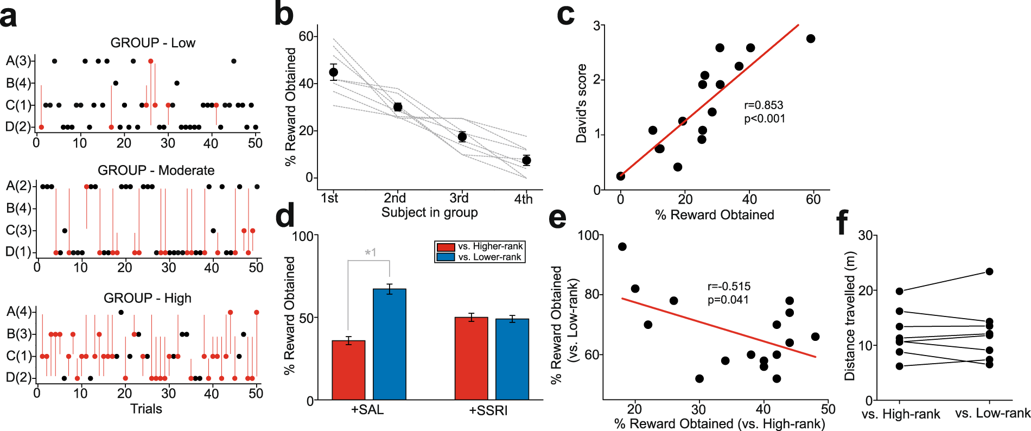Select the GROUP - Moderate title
click(156, 170)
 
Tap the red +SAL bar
click(348, 370)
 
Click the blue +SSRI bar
click(512, 359)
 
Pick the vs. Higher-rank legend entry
click(479, 246)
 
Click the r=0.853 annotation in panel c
click(763, 105)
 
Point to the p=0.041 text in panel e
click(728, 300)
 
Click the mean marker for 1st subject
click(334, 72)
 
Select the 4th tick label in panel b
click(523, 199)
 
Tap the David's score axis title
click(582, 103)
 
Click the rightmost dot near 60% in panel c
click(811, 39)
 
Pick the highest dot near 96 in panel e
click(622, 247)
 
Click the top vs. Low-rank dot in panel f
click(989, 271)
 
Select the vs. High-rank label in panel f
click(901, 414)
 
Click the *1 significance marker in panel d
click(370, 252)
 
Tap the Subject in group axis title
click(429, 212)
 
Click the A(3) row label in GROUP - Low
click(18, 61)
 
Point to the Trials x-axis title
click(146, 409)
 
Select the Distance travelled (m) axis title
click(850, 316)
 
